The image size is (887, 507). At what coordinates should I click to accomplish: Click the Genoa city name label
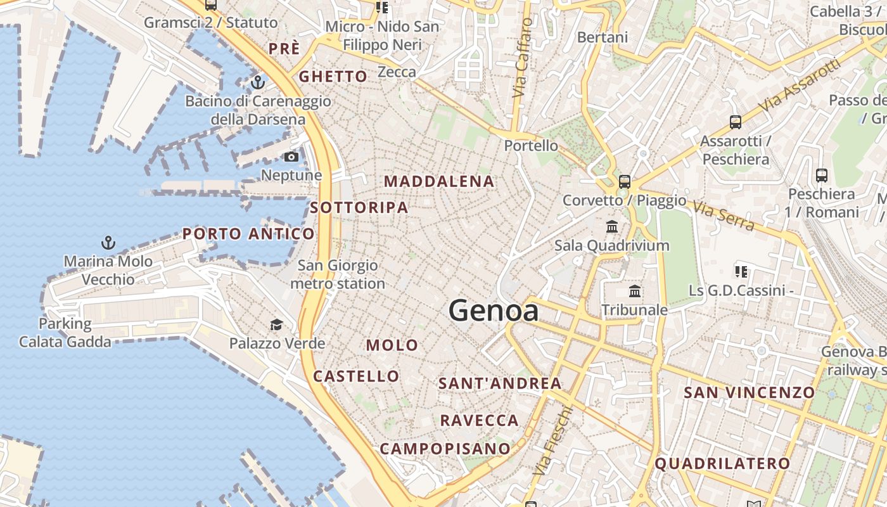click(494, 311)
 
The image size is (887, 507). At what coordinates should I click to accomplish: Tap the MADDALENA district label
click(439, 181)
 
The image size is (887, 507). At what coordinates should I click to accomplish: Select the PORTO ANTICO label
click(248, 234)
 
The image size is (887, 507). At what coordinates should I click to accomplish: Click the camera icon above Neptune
click(291, 157)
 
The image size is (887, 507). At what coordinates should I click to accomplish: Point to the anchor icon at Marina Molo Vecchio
click(108, 242)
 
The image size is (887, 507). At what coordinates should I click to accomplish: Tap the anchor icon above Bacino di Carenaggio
click(257, 82)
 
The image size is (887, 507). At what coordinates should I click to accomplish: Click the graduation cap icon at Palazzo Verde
click(276, 325)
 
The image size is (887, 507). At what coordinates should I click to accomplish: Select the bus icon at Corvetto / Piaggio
click(625, 182)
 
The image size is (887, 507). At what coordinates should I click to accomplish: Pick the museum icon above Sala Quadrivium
click(612, 226)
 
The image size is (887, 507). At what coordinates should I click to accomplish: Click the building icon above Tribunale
click(635, 292)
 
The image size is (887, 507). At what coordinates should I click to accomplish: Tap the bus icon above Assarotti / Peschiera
click(736, 122)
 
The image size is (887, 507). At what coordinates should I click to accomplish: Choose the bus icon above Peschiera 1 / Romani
click(822, 175)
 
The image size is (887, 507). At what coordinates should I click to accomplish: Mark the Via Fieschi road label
click(552, 441)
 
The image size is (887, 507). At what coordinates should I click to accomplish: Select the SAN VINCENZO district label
click(750, 393)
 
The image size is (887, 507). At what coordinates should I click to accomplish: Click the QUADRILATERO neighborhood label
click(722, 464)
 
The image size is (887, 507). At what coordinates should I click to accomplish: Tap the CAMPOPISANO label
click(445, 449)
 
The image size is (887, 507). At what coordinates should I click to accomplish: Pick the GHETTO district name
click(333, 77)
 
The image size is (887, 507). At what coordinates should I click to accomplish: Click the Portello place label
click(531, 146)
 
